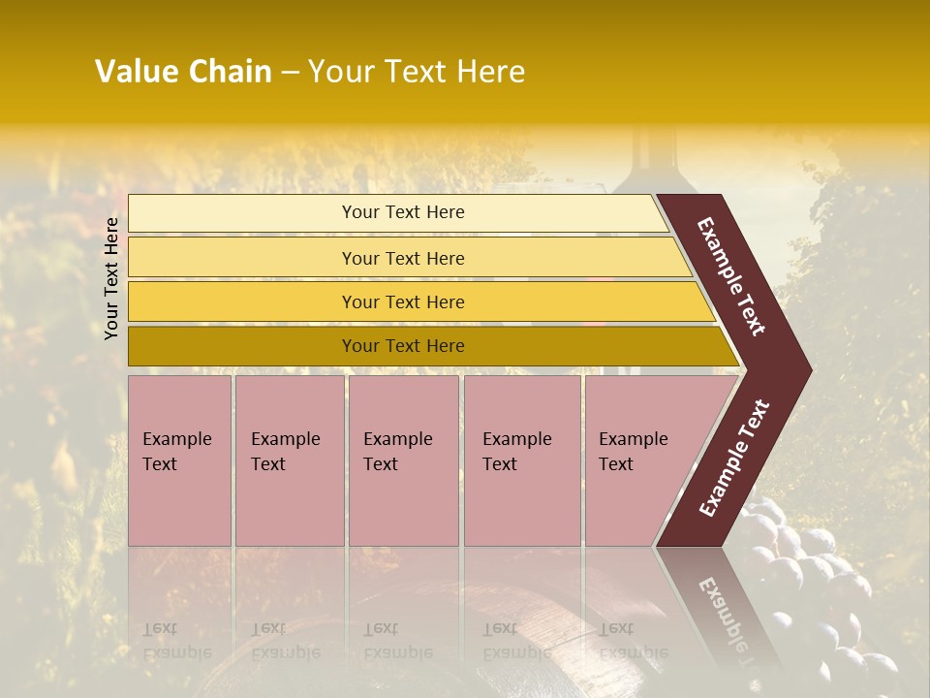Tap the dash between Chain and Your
(x=290, y=73)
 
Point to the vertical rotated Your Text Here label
(x=111, y=278)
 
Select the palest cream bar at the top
(x=397, y=213)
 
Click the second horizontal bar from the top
(x=407, y=258)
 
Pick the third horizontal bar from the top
(x=417, y=301)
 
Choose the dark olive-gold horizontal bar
(x=426, y=346)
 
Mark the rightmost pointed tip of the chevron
(x=810, y=369)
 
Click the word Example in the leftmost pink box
(x=176, y=439)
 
